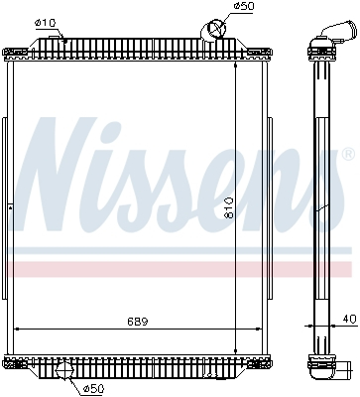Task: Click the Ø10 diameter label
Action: [45, 22]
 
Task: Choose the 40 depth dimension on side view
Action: [346, 321]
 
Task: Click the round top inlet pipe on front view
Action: [213, 31]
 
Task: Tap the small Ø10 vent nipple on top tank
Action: [62, 39]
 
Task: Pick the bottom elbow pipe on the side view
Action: [326, 368]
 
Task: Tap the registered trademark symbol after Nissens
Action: [347, 156]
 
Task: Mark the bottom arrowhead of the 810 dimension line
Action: [235, 350]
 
